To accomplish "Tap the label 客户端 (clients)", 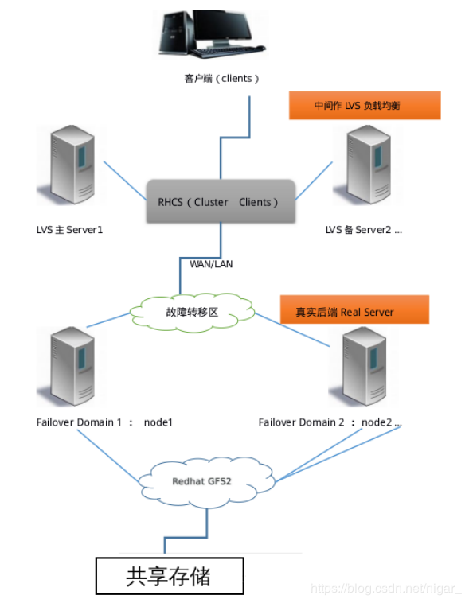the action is click(221, 79).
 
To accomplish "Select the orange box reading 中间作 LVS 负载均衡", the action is click(365, 105).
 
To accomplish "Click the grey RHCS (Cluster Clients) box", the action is click(221, 201).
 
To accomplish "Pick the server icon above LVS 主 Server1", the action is click(72, 165).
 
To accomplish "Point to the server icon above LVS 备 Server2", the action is click(368, 165).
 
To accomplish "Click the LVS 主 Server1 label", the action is click(69, 230).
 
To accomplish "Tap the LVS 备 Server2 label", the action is click(363, 230).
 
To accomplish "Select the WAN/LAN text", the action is click(211, 264).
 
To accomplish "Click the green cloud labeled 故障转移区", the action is click(192, 313).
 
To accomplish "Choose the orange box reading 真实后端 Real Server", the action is click(354, 309).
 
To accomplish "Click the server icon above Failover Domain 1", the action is click(72, 367).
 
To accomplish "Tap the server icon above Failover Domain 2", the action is click(363, 367).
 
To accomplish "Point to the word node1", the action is click(158, 422).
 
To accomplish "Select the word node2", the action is click(377, 422).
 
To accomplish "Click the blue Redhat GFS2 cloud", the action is click(206, 481).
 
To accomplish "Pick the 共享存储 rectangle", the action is click(170, 576).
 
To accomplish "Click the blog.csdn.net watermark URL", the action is click(385, 589).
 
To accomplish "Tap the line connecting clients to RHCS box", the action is click(235, 138).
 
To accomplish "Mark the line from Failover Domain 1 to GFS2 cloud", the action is click(107, 456).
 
